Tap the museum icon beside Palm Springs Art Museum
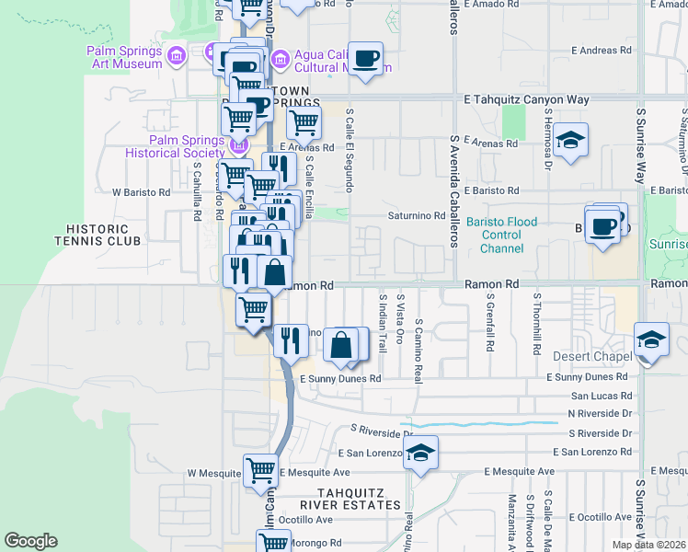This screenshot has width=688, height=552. point(178,57)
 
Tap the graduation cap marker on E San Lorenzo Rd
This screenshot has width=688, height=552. point(420,452)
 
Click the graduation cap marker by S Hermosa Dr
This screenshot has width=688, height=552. point(571,139)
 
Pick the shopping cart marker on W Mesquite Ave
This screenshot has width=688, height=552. point(260,470)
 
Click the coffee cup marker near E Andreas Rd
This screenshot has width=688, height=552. point(366,58)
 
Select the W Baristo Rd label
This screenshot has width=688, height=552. point(142,193)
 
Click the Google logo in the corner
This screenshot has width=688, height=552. point(30,541)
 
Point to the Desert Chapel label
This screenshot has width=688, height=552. point(590,356)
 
